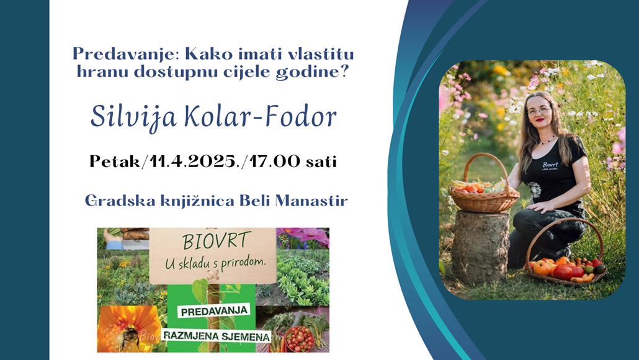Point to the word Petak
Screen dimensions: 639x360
[114, 161]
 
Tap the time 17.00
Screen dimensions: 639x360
[275, 161]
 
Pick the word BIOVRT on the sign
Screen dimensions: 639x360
[215, 242]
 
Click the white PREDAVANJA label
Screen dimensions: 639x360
[215, 312]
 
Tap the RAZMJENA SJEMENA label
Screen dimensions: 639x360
[216, 336]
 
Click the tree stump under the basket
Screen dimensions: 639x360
[480, 246]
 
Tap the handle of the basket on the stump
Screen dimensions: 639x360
[485, 163]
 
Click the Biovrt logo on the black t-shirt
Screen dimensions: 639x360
[550, 166]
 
